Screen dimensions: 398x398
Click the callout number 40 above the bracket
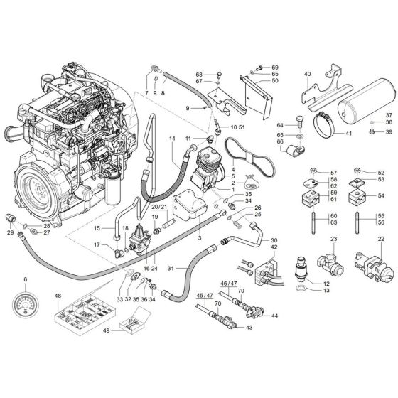308,75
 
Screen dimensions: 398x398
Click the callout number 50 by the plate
274,81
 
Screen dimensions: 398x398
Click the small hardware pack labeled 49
127,328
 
